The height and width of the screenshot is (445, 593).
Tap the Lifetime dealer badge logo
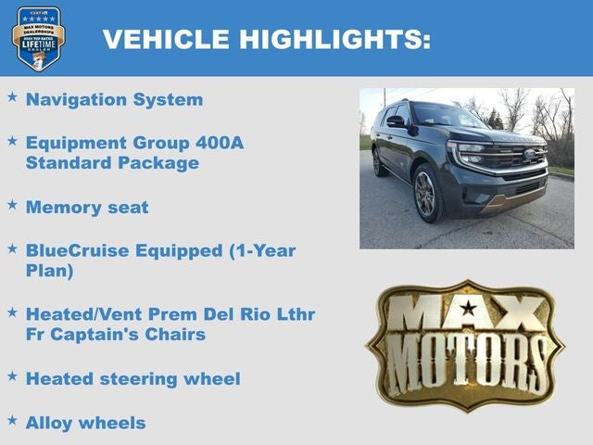[x=38, y=38]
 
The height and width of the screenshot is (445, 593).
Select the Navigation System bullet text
[x=114, y=99]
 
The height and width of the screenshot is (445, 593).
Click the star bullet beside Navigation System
[x=12, y=96]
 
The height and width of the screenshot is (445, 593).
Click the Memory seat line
[x=86, y=207]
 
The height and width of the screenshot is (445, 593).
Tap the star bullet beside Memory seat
[x=12, y=205]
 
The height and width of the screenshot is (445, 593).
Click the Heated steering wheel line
[x=132, y=378]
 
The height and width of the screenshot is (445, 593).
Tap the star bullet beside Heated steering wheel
[x=12, y=375]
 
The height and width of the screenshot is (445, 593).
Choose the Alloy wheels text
[x=85, y=422]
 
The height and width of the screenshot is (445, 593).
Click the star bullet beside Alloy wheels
[x=12, y=419]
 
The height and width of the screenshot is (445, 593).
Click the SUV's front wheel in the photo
[x=428, y=193]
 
